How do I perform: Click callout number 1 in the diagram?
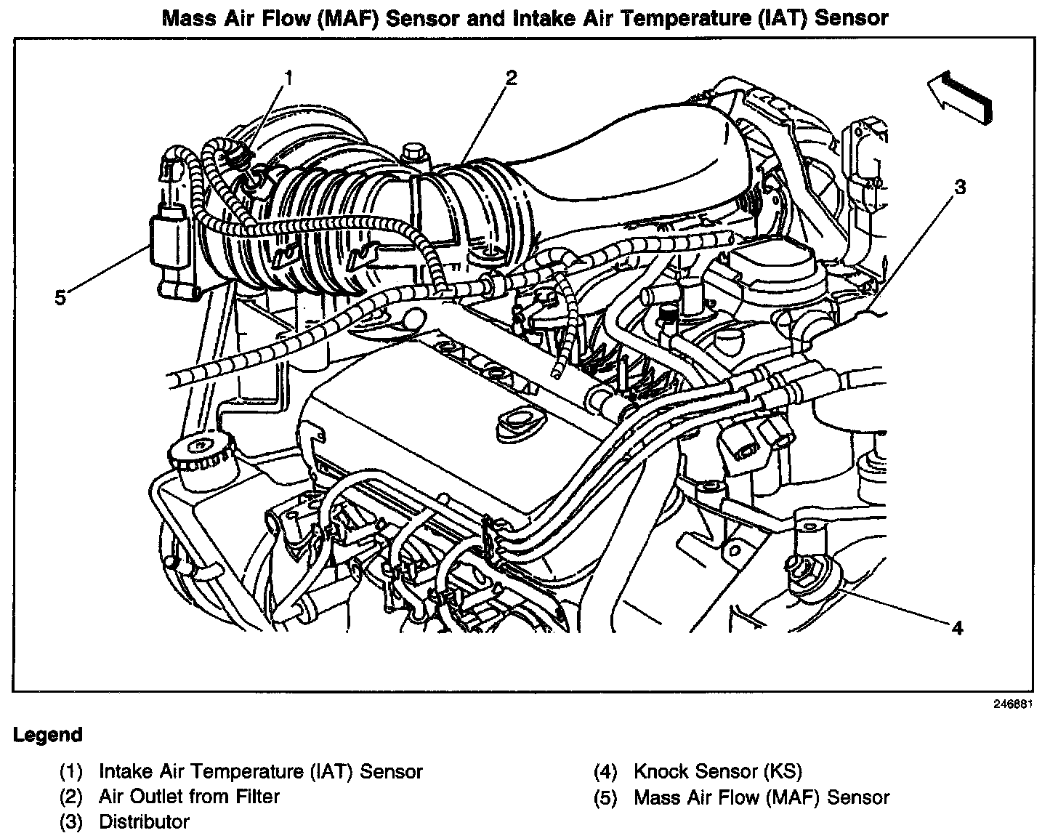[x=288, y=77]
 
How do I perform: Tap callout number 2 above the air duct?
[x=512, y=78]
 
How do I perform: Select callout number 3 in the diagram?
[x=960, y=187]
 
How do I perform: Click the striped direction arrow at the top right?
[x=959, y=95]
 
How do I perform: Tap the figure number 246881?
[x=1012, y=704]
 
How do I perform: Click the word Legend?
[x=48, y=735]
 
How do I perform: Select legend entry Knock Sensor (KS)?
[x=718, y=771]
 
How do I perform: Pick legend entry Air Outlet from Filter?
[x=189, y=797]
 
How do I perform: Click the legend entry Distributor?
[x=144, y=822]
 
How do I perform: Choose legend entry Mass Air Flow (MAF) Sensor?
[x=762, y=797]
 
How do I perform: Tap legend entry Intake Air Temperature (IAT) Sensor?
[x=260, y=771]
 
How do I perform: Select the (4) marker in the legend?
[x=605, y=771]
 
